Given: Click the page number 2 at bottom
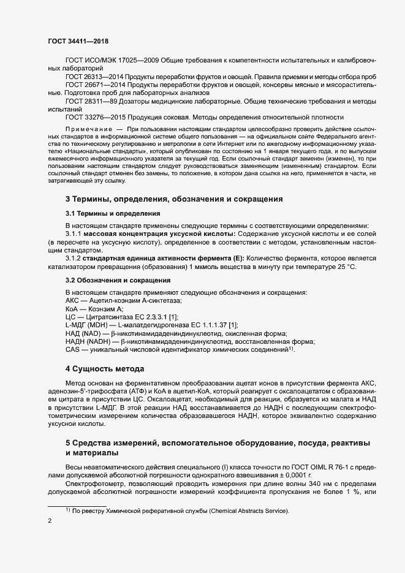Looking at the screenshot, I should point(50,522).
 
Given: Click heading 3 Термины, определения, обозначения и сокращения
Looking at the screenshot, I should point(173,199).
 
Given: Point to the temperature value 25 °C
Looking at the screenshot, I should point(340,267).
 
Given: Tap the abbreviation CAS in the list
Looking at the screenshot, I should point(72,349).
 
